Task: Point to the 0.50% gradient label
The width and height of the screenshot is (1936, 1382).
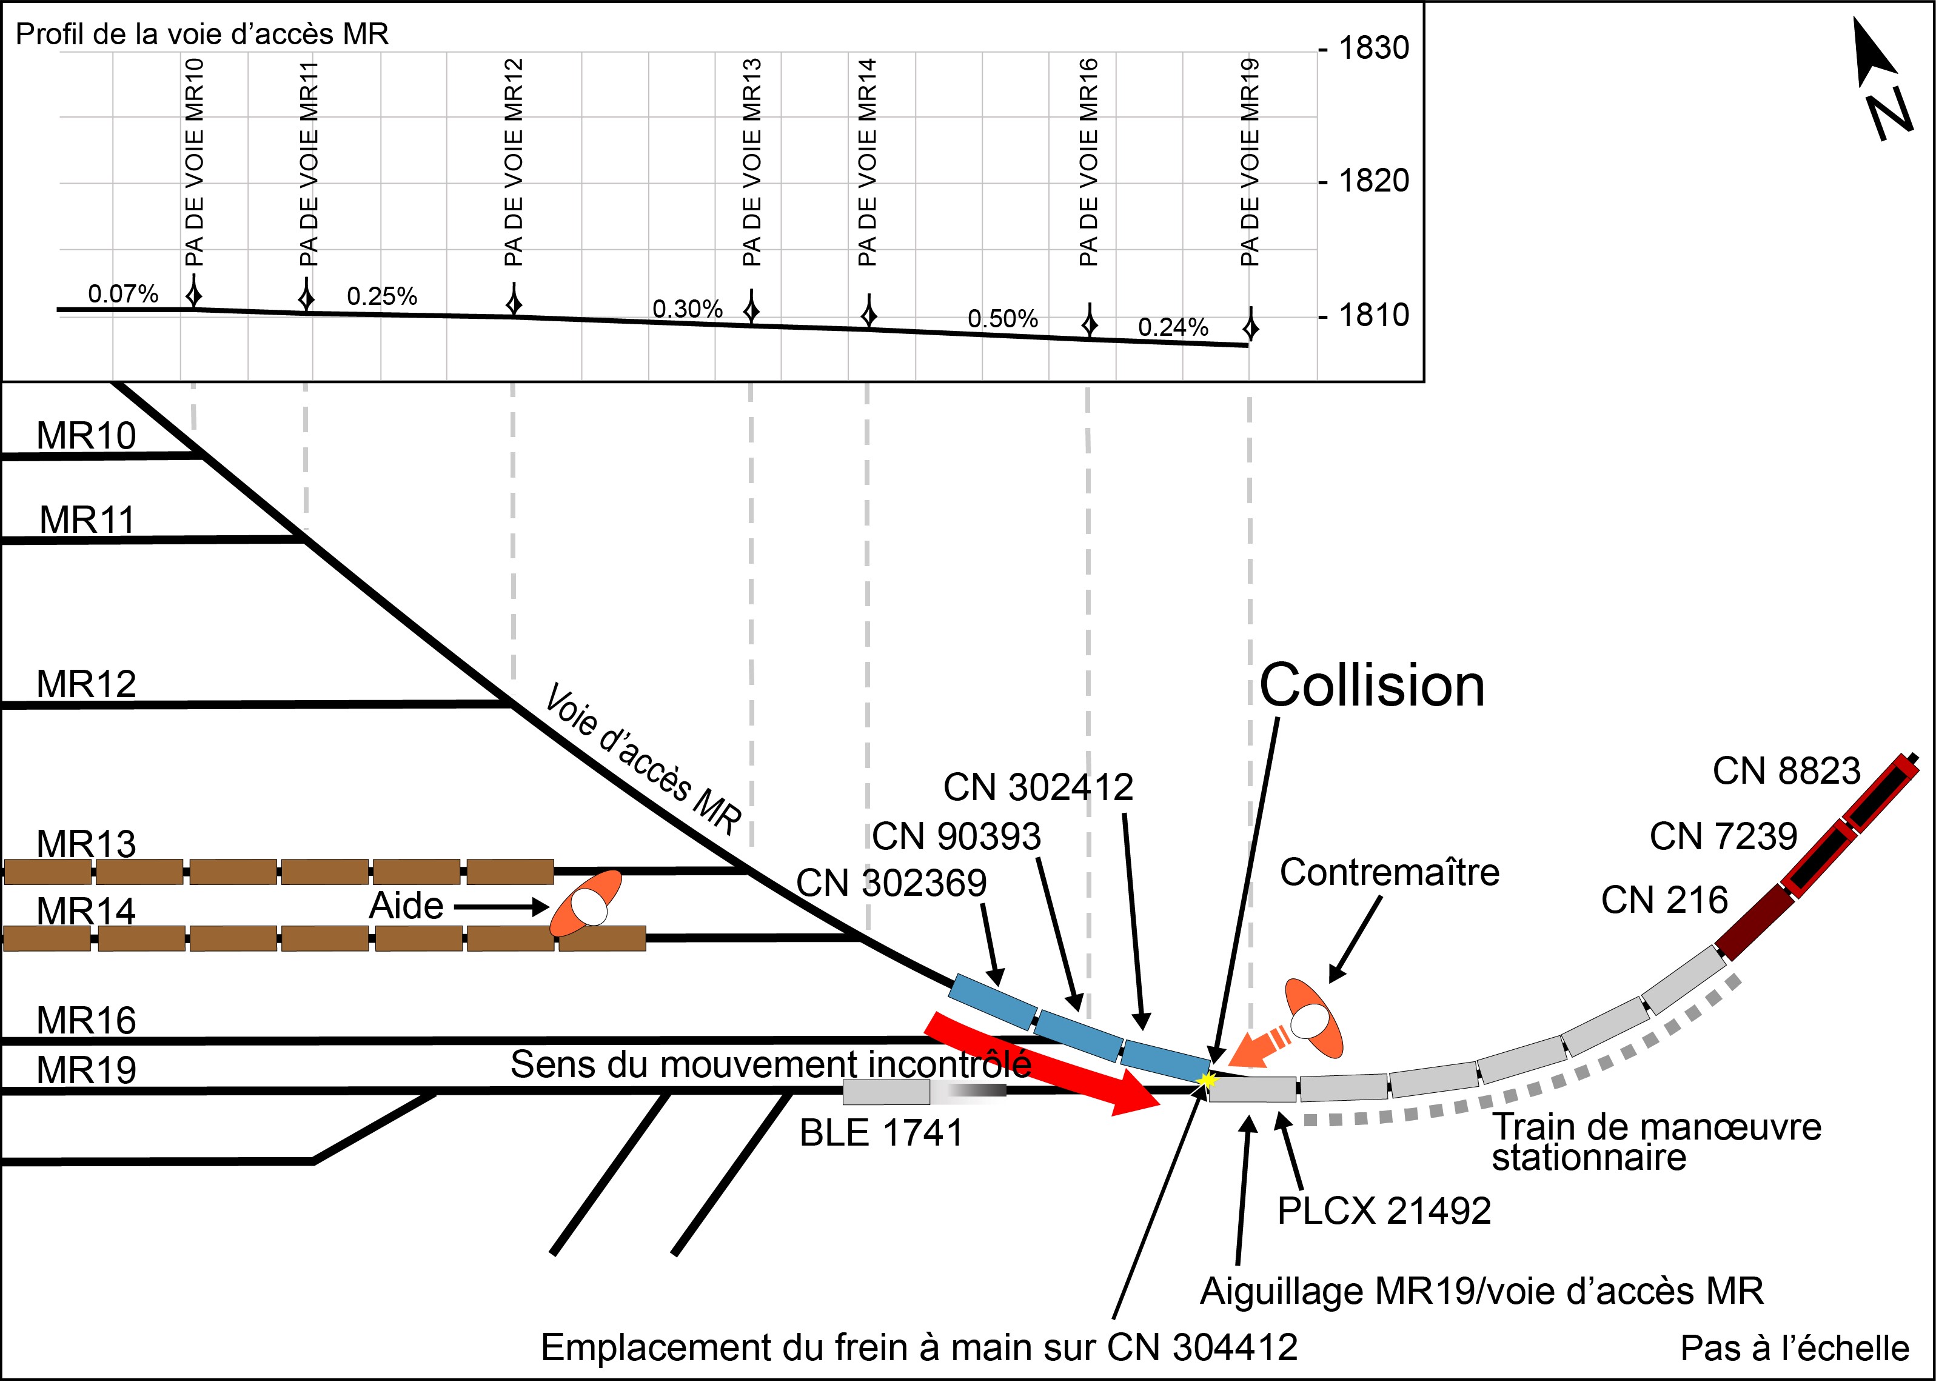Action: click(1002, 319)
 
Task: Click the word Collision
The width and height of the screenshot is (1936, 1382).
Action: click(1372, 686)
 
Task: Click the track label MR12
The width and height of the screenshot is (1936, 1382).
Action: click(86, 683)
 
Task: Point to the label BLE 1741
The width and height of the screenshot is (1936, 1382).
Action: click(881, 1133)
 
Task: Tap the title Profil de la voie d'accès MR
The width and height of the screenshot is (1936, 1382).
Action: click(203, 34)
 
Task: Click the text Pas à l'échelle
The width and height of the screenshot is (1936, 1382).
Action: click(1795, 1349)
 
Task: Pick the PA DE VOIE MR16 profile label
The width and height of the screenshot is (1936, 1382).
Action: click(1088, 162)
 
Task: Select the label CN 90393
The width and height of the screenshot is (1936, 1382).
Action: click(957, 836)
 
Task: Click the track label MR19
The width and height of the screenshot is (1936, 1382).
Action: click(86, 1070)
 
